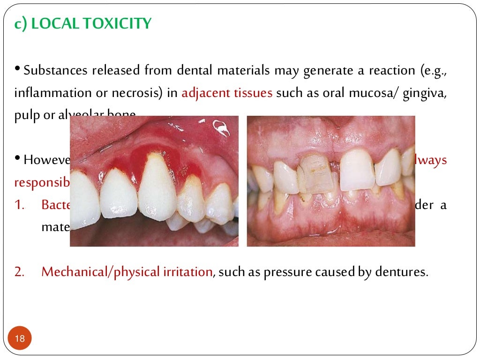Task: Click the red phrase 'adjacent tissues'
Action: click(x=227, y=93)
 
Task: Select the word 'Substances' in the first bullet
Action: click(x=56, y=71)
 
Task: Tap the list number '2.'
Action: click(x=20, y=272)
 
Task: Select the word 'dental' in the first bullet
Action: click(x=194, y=71)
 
